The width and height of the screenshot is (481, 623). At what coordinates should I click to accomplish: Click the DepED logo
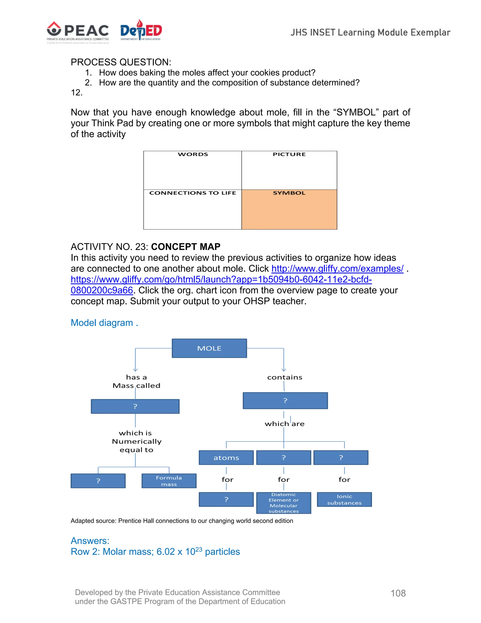click(141, 31)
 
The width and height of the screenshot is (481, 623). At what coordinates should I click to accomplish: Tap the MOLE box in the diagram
click(209, 348)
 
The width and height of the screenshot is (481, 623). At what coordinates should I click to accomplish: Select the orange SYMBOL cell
click(289, 210)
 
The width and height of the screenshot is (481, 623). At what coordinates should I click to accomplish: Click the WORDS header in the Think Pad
click(193, 154)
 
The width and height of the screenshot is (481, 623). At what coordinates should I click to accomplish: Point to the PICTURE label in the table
click(289, 154)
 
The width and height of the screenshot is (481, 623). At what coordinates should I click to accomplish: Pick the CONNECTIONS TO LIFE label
click(193, 193)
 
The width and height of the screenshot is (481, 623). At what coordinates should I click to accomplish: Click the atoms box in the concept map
click(226, 458)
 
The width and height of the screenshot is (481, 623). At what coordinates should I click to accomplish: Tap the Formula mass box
click(169, 481)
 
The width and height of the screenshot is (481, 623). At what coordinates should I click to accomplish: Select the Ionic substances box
click(344, 500)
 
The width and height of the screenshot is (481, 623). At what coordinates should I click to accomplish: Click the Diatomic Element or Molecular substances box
click(283, 503)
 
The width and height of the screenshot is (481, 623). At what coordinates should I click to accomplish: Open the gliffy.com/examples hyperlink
click(337, 269)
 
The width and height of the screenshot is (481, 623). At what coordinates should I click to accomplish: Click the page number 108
click(398, 593)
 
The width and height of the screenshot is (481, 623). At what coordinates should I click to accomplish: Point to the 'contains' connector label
click(285, 377)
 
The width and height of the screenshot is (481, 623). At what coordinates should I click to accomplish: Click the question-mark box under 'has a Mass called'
click(135, 406)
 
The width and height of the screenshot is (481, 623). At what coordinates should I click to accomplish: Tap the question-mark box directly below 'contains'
click(285, 401)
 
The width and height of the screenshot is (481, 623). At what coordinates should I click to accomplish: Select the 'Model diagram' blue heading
click(104, 323)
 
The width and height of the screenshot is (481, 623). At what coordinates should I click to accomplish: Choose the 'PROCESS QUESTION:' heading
click(121, 62)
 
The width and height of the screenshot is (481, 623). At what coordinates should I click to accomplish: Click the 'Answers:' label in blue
click(90, 541)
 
